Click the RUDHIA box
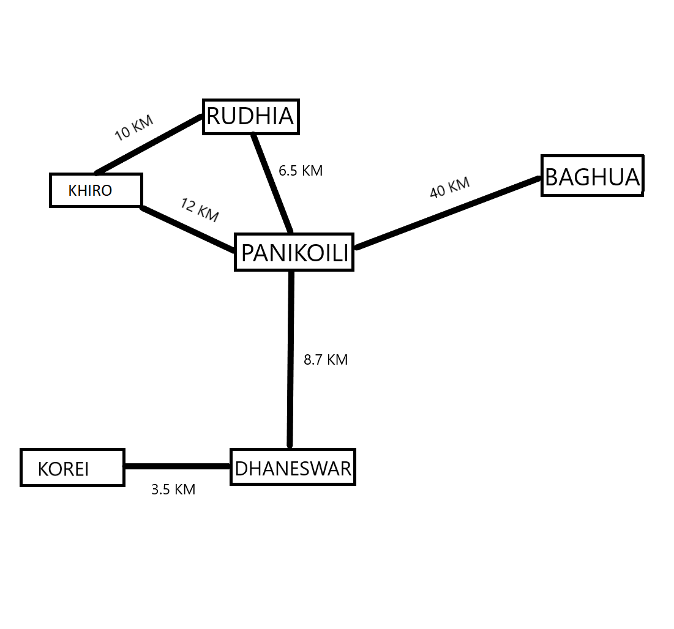pyautogui.click(x=250, y=116)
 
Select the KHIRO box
pyautogui.click(x=95, y=190)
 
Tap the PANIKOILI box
pyautogui.click(x=294, y=252)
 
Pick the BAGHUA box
pyautogui.click(x=592, y=176)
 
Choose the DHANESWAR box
pyautogui.click(x=293, y=468)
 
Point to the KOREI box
pyautogui.click(x=72, y=468)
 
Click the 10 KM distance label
pyautogui.click(x=133, y=127)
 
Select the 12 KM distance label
pyautogui.click(x=200, y=210)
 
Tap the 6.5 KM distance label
pyautogui.click(x=300, y=171)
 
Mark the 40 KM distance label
pyautogui.click(x=449, y=187)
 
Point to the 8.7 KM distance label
pyautogui.click(x=326, y=360)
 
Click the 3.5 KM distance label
pyautogui.click(x=173, y=489)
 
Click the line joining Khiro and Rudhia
pyautogui.click(x=150, y=144)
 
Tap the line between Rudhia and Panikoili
pyautogui.click(x=272, y=184)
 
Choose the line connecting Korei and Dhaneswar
pyautogui.click(x=178, y=466)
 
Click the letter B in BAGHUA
pyautogui.click(x=550, y=177)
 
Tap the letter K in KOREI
pyautogui.click(x=43, y=469)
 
